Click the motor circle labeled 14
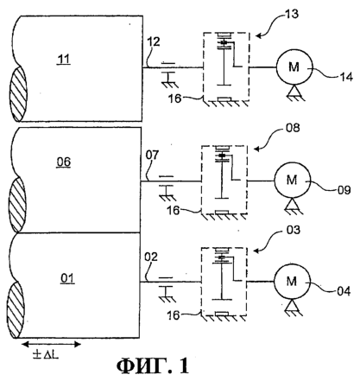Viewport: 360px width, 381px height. [x=294, y=67]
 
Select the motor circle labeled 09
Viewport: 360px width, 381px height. [x=292, y=181]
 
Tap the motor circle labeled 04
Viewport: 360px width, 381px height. [x=292, y=281]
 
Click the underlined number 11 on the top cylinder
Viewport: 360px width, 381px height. [x=64, y=60]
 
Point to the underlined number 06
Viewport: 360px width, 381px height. [x=64, y=162]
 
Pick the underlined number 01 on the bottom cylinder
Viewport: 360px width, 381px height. [x=67, y=278]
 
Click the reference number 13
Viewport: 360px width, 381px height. [x=292, y=14]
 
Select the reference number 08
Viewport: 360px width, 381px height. [x=293, y=128]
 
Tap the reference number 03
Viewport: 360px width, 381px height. [x=294, y=230]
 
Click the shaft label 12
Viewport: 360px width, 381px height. [x=154, y=42]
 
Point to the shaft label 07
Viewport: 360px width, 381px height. [x=152, y=156]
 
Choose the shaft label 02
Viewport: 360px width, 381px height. [x=151, y=257]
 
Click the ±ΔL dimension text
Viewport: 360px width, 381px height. [x=46, y=355]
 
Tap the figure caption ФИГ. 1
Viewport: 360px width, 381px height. [x=153, y=365]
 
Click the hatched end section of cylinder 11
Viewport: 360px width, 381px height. [x=18, y=94]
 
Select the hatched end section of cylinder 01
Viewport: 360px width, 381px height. [x=16, y=310]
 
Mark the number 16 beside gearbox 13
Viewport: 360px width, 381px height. [x=174, y=98]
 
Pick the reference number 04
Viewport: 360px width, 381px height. [x=344, y=291]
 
